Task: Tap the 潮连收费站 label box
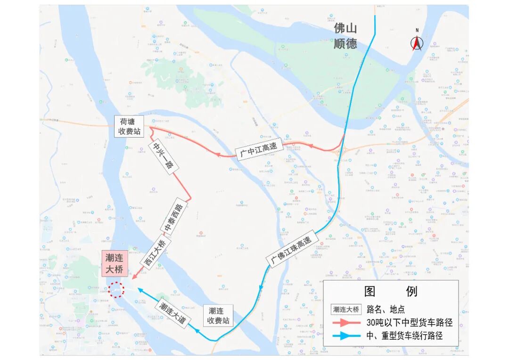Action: click(219, 315)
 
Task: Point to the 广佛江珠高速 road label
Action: click(291, 250)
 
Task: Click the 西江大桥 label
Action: click(155, 253)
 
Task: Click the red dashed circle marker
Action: click(116, 289)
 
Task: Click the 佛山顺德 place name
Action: click(345, 36)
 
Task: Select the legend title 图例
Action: click(391, 291)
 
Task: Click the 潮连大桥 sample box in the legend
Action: click(346, 310)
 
